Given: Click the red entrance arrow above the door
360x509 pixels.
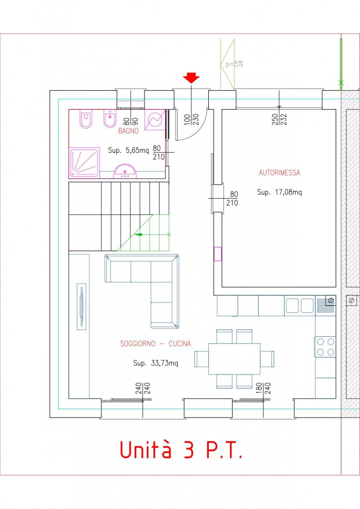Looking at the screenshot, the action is click(x=191, y=78).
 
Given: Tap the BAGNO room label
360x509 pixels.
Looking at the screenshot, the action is click(x=128, y=131).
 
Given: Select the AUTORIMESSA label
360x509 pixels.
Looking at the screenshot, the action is click(x=280, y=173).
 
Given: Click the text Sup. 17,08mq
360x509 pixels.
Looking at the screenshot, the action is click(x=280, y=192).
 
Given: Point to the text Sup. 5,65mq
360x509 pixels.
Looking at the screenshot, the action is click(x=128, y=151).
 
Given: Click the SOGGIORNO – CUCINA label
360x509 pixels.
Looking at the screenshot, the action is click(x=156, y=343).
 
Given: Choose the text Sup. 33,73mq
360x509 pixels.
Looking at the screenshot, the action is click(x=156, y=363).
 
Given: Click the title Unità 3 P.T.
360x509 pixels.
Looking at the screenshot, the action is click(x=181, y=449).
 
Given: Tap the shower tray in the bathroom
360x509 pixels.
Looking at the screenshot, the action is click(x=84, y=163).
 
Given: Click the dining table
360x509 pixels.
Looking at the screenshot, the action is click(x=234, y=359).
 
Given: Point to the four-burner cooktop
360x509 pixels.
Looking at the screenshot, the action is click(x=326, y=347).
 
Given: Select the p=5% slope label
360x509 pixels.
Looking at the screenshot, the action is click(x=234, y=64).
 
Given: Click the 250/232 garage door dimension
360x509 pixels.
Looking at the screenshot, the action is click(x=279, y=120).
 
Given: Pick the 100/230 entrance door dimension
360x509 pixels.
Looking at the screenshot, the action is click(x=191, y=120).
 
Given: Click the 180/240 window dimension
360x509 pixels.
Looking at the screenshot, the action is click(x=263, y=389).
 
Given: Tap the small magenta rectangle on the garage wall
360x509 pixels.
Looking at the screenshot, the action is click(x=218, y=254).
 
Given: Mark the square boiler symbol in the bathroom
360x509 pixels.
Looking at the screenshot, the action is click(x=155, y=120).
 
